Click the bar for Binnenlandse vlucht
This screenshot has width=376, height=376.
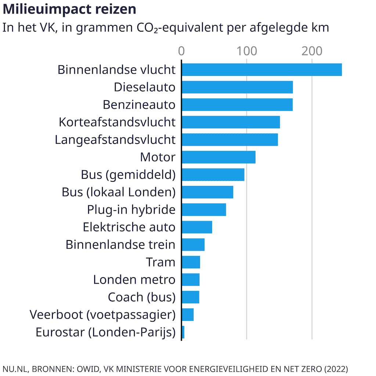(x=261, y=70)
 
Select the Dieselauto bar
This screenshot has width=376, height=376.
(x=237, y=87)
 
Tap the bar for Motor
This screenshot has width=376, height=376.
(x=218, y=157)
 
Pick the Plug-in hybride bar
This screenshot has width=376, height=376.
(x=204, y=210)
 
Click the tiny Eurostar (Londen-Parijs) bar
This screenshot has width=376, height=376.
(x=183, y=332)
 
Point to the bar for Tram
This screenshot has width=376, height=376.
(x=191, y=262)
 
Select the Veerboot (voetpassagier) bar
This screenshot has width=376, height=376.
(x=188, y=315)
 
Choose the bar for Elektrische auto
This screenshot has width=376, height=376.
(x=197, y=227)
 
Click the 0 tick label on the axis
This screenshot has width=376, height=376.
(x=181, y=51)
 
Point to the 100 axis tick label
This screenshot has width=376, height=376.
(x=246, y=51)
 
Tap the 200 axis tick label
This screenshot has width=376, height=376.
(x=312, y=51)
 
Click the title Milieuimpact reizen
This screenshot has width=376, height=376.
(x=69, y=10)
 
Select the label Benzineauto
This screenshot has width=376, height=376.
(x=139, y=105)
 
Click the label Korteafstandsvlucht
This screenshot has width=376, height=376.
(x=117, y=122)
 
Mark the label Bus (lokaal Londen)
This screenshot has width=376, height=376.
(x=119, y=192)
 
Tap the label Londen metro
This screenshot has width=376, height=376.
(x=134, y=280)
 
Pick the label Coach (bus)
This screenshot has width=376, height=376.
(x=141, y=297)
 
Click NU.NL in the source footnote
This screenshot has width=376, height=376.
(x=14, y=368)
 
